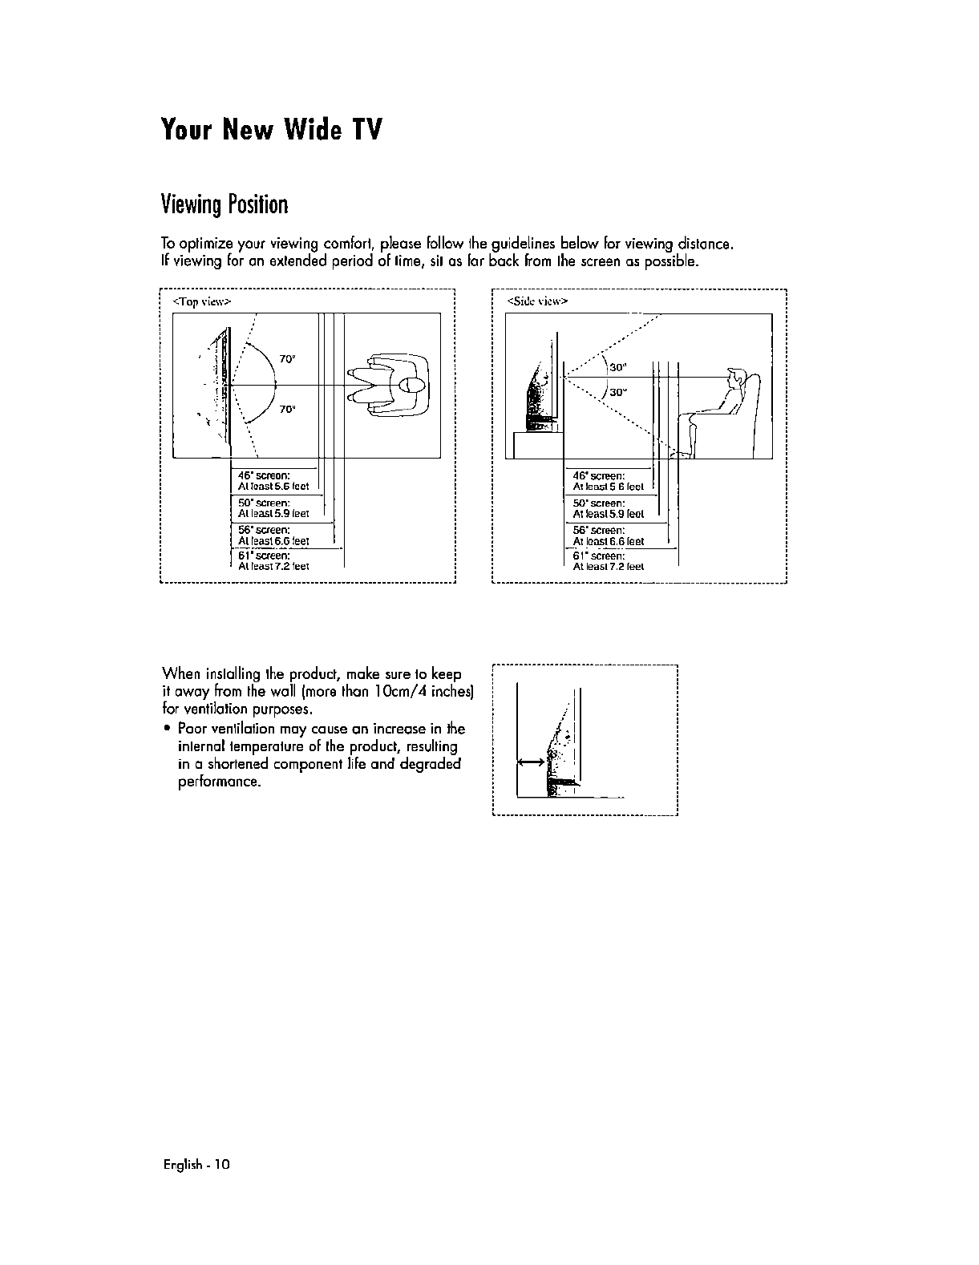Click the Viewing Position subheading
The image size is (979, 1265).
[225, 205]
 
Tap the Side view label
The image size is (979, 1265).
[537, 301]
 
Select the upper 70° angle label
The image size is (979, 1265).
[288, 358]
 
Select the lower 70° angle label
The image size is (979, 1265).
[288, 409]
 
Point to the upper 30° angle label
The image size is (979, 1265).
[617, 367]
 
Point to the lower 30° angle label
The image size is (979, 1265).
[617, 393]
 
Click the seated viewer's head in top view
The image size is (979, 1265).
[414, 385]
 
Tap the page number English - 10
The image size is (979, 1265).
[196, 1165]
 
